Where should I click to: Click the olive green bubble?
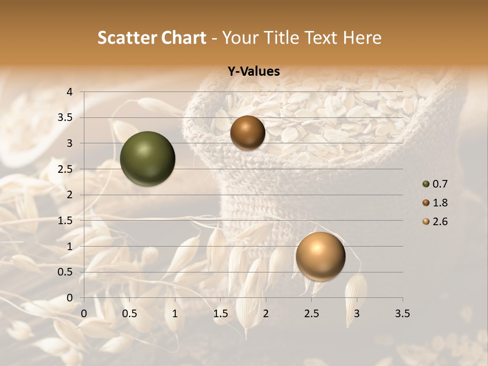147,159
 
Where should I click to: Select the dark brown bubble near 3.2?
248,133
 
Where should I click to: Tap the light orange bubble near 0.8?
320,256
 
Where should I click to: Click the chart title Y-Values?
253,72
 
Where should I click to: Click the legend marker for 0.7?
426,184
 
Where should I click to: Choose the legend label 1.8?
440,203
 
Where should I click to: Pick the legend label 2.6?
440,222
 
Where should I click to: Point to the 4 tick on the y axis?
69,92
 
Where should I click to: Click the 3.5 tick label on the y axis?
66,117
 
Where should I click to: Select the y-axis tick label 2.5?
66,169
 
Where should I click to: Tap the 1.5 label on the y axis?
66,221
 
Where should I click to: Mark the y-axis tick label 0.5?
66,272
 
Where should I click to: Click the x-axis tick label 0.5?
130,314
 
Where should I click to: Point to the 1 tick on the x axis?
175,314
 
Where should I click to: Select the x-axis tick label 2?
266,314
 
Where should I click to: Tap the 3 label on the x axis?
357,314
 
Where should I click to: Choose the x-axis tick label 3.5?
402,314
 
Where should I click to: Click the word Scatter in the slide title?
125,38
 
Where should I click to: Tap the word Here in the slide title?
362,38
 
